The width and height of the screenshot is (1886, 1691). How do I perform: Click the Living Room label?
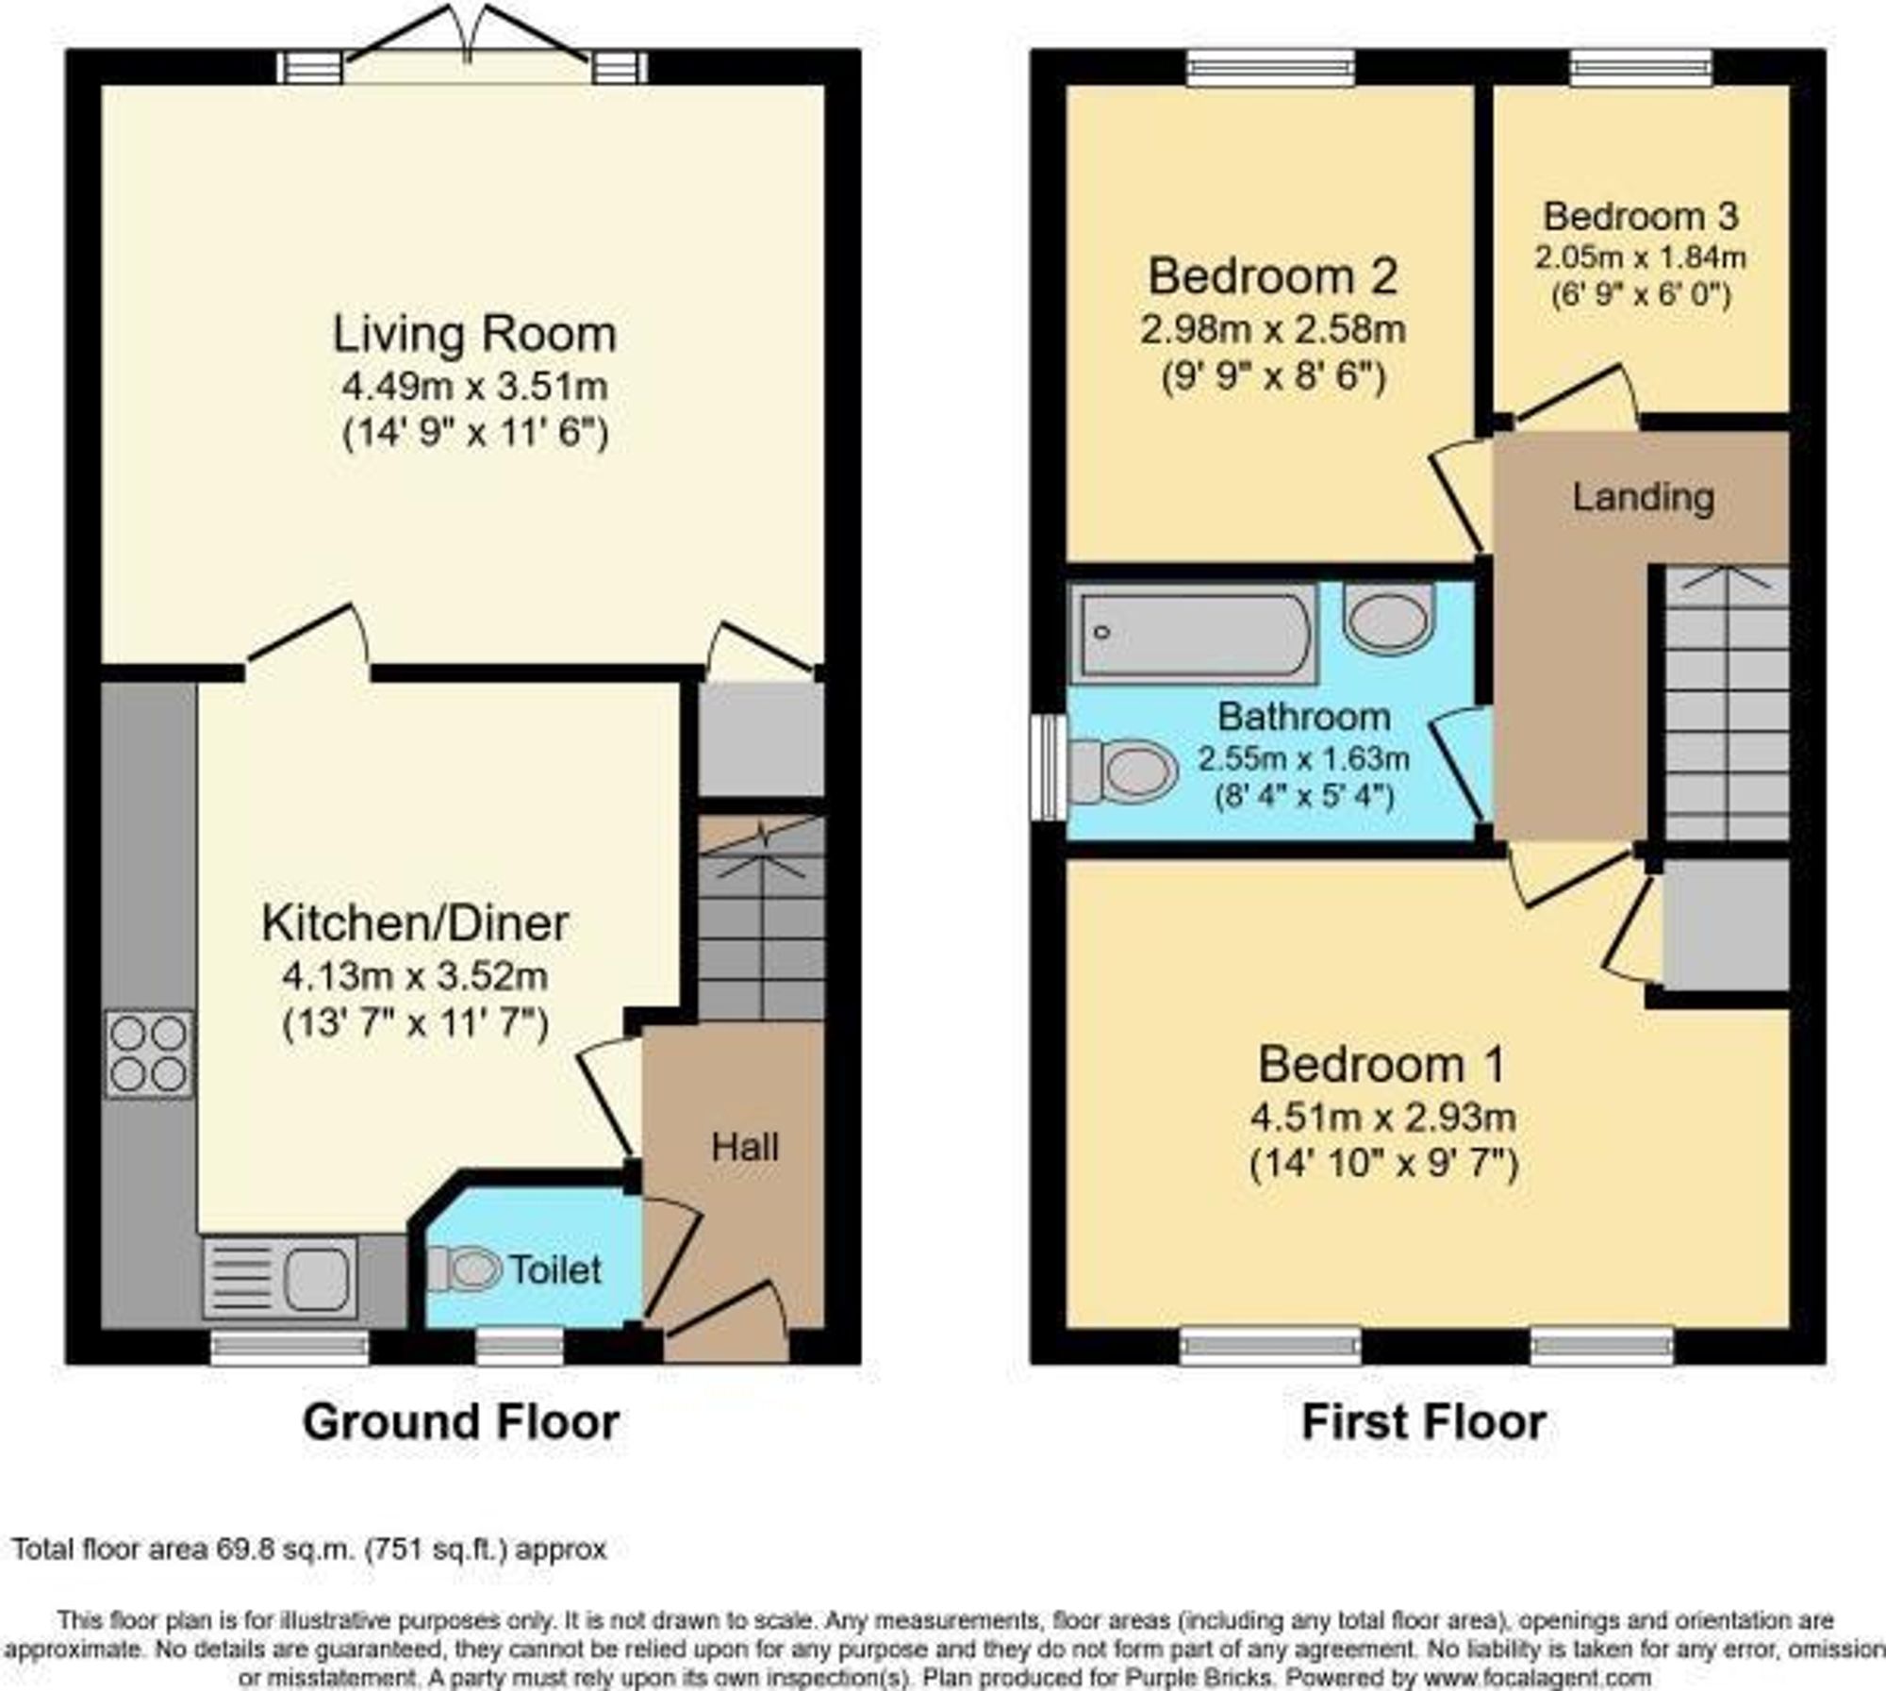(474, 335)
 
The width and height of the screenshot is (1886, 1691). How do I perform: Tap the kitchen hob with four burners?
(149, 1054)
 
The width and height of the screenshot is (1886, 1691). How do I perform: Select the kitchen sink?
(280, 1277)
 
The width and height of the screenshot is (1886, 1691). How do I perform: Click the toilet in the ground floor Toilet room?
(464, 1268)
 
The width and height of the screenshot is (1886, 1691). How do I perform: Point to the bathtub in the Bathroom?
(1193, 633)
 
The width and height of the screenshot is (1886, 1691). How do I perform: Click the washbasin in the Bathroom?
(1389, 618)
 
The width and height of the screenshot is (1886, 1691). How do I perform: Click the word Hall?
(745, 1147)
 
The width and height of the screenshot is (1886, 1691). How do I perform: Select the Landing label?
(1643, 498)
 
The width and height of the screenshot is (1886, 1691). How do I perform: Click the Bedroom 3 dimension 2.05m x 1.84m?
(1641, 257)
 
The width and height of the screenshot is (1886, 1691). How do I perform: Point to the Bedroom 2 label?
(1272, 276)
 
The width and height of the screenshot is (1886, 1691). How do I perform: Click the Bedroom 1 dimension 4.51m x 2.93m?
(1382, 1118)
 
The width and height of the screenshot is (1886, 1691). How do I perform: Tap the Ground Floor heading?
(460, 1421)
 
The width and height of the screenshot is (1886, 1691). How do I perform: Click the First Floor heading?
(1424, 1421)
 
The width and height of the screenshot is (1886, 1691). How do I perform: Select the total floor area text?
(309, 1550)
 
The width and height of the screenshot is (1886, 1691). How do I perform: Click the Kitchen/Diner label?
(415, 923)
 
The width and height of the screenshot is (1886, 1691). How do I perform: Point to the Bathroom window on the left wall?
(1047, 768)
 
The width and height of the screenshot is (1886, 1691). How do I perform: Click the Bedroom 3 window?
(1641, 66)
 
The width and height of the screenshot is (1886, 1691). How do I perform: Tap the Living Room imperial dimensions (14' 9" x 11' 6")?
(475, 433)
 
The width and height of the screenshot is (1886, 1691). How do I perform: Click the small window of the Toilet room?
(519, 1347)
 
